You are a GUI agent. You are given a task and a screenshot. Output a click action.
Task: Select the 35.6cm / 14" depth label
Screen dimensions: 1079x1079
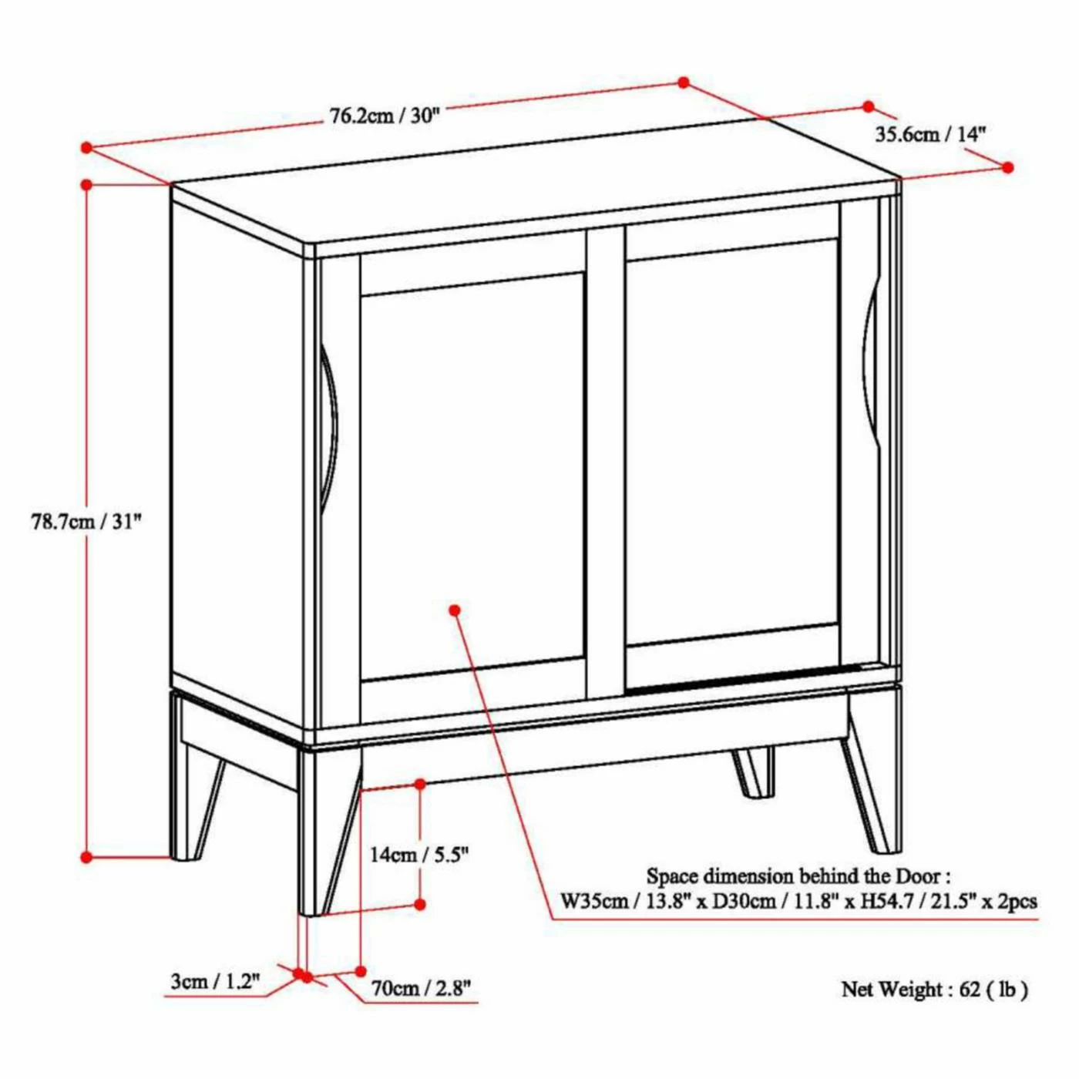point(930,134)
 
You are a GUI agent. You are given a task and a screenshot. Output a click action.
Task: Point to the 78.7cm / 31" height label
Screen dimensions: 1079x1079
point(86,522)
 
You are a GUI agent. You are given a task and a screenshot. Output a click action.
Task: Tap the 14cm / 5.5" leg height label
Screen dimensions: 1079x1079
point(419,854)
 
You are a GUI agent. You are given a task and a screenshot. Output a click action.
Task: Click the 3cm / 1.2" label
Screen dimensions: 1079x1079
point(215,981)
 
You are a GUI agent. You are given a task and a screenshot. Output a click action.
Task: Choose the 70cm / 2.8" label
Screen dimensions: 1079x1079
point(420,988)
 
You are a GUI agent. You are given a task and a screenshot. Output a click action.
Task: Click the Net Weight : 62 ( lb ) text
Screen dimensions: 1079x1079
point(934,989)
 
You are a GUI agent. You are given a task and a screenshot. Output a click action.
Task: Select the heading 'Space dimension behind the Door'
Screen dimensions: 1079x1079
point(798,876)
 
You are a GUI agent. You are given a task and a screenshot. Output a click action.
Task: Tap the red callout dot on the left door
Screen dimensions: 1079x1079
point(455,610)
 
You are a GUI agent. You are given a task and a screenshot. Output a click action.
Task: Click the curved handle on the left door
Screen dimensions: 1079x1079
point(329,428)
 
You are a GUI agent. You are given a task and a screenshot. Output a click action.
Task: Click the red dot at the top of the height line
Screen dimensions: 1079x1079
point(86,185)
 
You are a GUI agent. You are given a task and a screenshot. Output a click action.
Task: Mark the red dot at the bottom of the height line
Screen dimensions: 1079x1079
point(86,856)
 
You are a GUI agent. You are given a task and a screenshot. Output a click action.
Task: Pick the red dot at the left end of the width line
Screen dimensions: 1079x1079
point(86,146)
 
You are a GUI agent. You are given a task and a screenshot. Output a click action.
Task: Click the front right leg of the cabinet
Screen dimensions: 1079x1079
point(873,778)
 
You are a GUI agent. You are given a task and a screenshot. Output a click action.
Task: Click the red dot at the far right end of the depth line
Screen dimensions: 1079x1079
point(1008,167)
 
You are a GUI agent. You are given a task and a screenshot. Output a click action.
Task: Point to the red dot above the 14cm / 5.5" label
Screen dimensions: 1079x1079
point(420,784)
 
